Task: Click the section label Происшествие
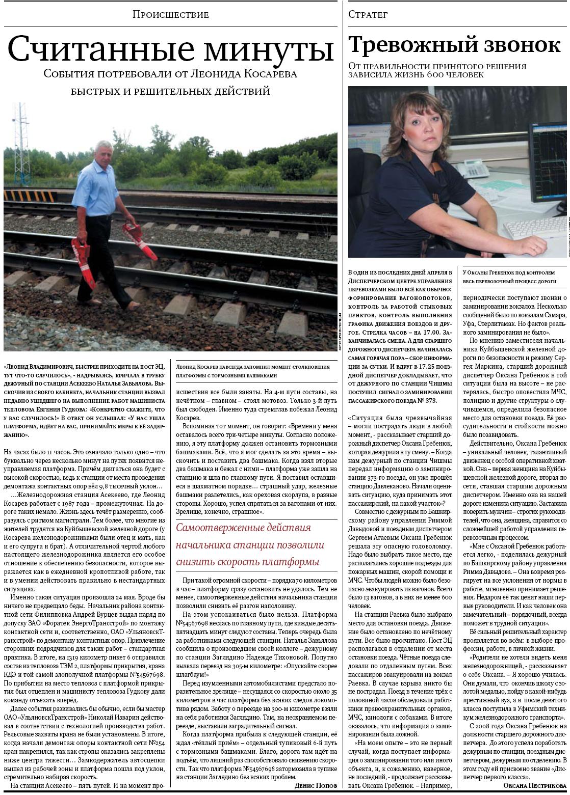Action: point(170,14)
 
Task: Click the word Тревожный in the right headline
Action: point(412,45)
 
